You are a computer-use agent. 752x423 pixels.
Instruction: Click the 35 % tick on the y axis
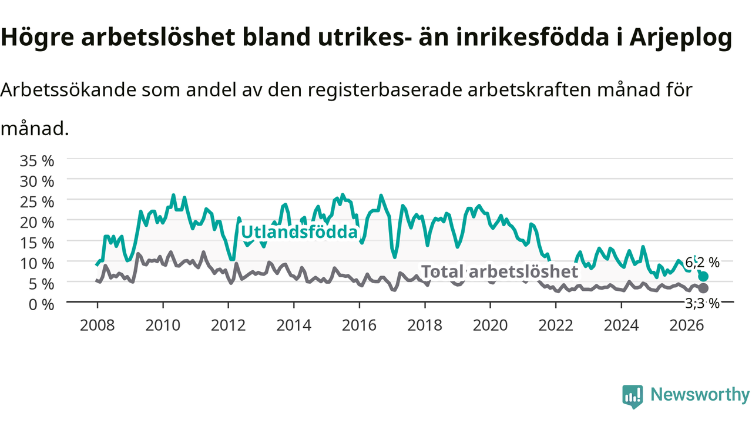37,161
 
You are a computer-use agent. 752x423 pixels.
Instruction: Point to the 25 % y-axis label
37,203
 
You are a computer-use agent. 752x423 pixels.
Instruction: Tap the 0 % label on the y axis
41,305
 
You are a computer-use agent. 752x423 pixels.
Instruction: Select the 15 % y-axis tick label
37,243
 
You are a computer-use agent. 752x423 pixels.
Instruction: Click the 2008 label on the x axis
98,325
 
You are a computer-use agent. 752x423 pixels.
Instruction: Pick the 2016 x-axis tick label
359,325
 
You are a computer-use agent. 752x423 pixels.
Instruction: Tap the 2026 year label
687,325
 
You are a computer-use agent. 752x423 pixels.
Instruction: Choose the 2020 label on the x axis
490,325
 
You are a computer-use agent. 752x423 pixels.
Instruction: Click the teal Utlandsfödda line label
300,232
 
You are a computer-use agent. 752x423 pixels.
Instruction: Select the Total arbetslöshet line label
499,271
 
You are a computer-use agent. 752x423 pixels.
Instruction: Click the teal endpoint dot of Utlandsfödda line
703,277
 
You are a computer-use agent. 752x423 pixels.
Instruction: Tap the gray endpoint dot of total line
703,288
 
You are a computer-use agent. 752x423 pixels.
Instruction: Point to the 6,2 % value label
702,263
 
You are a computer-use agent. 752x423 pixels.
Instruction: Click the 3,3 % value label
702,304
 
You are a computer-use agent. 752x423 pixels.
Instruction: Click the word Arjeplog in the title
681,38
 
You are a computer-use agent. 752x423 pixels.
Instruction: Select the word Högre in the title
37,38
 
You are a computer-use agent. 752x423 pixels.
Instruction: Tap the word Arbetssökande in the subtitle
69,90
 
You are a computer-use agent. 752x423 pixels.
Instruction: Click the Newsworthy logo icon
633,397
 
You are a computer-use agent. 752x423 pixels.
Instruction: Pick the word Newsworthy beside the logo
700,395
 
